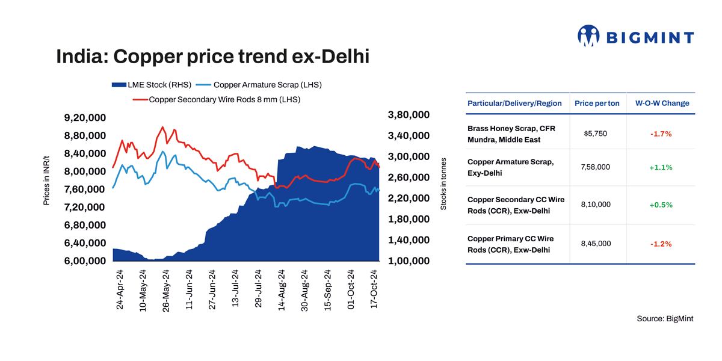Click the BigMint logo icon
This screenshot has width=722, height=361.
(588, 35)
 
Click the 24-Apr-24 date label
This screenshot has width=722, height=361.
(119, 289)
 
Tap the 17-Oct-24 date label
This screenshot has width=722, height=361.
(374, 289)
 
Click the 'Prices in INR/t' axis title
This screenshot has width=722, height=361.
(46, 180)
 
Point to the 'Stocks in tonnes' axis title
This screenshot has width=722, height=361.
(443, 184)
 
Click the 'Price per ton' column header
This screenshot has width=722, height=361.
(597, 103)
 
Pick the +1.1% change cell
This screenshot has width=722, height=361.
(661, 168)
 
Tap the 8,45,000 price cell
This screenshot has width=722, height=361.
(596, 243)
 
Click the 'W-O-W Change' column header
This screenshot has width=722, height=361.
(662, 103)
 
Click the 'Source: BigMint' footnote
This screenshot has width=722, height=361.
(665, 318)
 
